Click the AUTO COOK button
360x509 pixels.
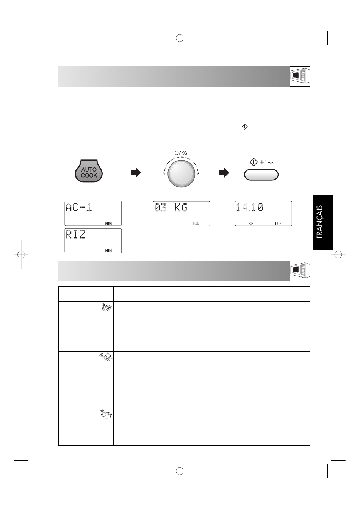pos(89,171)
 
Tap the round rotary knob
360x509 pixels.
pos(181,173)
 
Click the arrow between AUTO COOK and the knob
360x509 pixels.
pos(136,173)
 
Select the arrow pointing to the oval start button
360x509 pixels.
pos(224,173)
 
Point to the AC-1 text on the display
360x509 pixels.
pos(79,208)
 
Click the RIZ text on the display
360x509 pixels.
pos(76,234)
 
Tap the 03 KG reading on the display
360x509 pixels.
pos(171,208)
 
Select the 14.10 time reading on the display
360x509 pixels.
pos(250,208)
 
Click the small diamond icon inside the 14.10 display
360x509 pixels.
pos(251,223)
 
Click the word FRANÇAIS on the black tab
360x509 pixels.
pos(320,222)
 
